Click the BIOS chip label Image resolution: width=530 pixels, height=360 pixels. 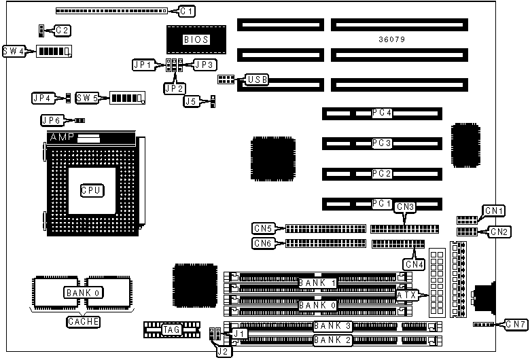196,39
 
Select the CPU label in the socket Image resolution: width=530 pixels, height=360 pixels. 92,191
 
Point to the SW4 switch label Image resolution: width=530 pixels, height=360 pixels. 14,52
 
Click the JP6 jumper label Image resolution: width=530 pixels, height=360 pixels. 52,121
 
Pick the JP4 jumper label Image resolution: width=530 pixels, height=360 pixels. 42,98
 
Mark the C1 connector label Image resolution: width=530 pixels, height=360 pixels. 187,11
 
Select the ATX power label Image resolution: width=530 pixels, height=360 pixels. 408,295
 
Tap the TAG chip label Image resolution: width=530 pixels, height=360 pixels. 171,330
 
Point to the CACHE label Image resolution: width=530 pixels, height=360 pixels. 83,322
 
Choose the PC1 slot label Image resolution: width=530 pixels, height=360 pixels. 382,203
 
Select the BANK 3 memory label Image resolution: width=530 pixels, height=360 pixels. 332,326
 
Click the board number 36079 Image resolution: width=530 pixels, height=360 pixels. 392,39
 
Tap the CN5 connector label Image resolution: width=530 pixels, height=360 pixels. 263,228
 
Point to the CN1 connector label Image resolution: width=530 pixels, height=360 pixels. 493,211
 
